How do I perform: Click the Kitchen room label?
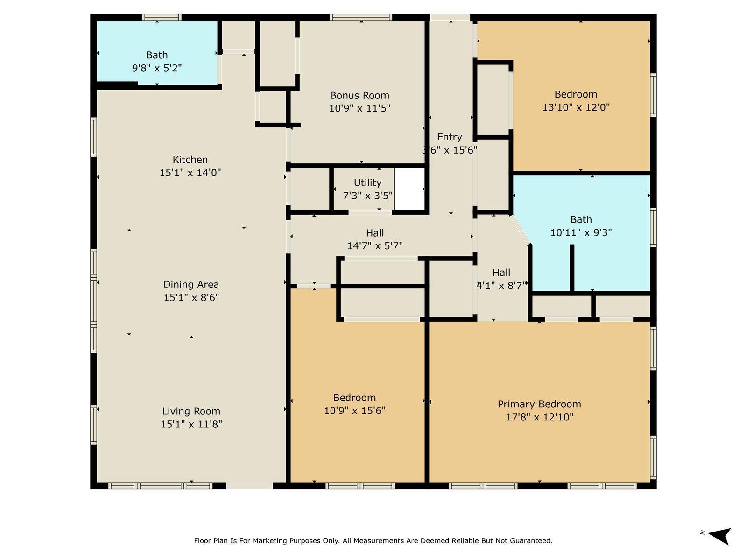(190, 160)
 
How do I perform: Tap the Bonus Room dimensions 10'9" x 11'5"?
(359, 108)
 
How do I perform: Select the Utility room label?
(367, 182)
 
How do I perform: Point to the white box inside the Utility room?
(409, 189)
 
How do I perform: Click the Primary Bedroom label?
(539, 404)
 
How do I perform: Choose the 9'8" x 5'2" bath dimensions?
(157, 68)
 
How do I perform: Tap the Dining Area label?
(191, 285)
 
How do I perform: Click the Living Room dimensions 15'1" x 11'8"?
(191, 424)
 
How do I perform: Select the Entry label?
(449, 137)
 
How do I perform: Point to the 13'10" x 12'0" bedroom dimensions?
(576, 107)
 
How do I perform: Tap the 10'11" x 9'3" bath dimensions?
(581, 232)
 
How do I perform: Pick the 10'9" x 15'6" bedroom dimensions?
(354, 411)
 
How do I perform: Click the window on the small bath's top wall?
(162, 18)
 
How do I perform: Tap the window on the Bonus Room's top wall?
(360, 18)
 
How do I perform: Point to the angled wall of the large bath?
(521, 230)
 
